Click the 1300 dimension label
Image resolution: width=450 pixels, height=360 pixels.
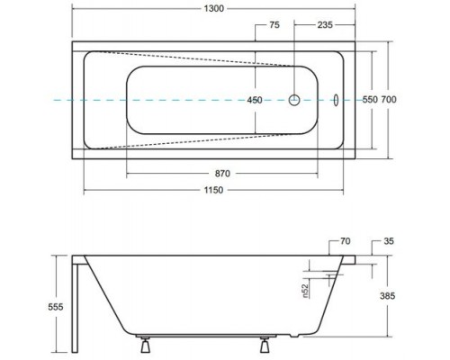coord(214,8)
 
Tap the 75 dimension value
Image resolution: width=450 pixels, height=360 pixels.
coord(274,25)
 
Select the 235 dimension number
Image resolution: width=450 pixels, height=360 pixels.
coord(325,25)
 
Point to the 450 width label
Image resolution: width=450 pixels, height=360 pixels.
coord(255,100)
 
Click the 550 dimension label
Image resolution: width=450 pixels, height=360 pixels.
coord(370,99)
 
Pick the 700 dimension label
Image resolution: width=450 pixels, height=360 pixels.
coord(389,99)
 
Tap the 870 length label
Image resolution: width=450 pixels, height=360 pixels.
coord(222,174)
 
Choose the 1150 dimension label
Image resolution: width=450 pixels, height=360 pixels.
coord(213,190)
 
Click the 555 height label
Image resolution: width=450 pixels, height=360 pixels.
coord(56,307)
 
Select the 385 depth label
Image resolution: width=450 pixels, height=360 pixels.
coord(387,296)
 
